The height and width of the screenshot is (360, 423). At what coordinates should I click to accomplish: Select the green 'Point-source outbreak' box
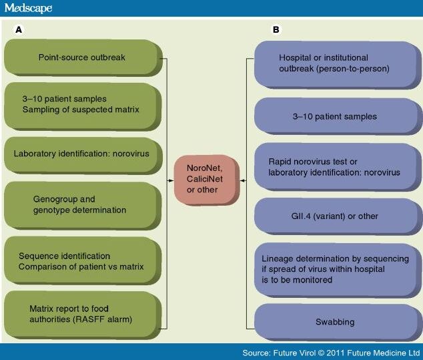[x=83, y=57]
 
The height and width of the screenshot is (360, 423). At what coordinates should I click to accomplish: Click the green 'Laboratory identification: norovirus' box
[x=83, y=153]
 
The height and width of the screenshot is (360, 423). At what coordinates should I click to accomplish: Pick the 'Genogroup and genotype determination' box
[x=83, y=205]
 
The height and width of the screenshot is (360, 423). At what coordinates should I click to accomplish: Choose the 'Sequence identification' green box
[x=83, y=262]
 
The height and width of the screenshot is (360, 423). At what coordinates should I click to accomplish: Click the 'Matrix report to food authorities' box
[x=83, y=315]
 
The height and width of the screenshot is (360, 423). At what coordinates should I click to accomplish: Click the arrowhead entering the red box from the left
[x=169, y=179]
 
